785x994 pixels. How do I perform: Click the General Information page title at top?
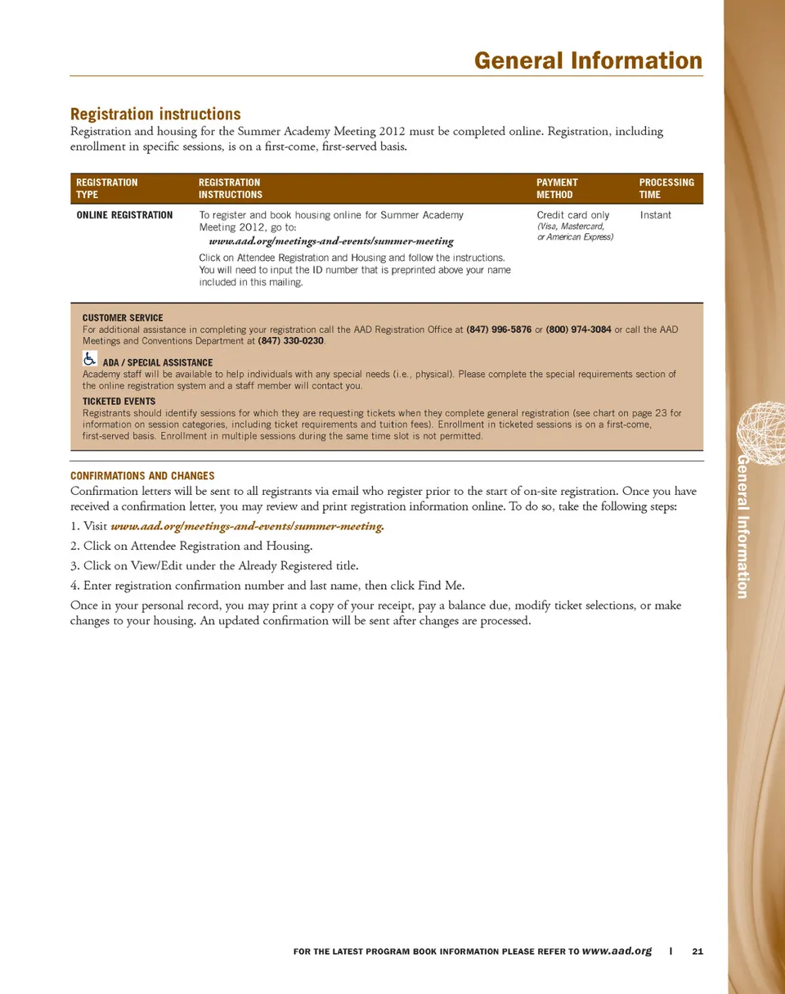pos(587,61)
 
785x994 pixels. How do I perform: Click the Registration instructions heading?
pos(155,114)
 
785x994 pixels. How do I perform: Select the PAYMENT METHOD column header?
pos(557,188)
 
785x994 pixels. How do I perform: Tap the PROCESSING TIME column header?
pos(666,188)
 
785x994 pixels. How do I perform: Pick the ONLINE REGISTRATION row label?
pos(124,215)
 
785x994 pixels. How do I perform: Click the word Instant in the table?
pos(655,215)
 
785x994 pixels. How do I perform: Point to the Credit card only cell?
pos(572,215)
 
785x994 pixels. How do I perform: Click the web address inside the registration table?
pos(331,242)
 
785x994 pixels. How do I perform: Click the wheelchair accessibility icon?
pos(90,358)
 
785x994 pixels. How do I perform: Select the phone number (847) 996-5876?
pos(498,330)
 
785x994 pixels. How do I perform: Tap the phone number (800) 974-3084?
pos(578,330)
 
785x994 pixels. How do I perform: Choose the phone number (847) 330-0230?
pos(291,340)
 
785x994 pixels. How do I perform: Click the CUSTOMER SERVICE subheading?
pos(123,317)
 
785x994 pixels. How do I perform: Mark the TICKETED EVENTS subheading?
pos(119,402)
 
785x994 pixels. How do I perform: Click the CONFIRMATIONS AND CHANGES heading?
pos(142,475)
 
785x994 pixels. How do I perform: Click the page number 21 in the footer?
pos(698,951)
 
